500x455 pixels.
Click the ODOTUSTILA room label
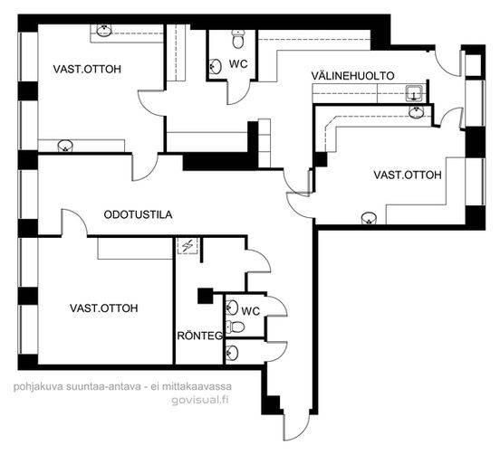pos(138,214)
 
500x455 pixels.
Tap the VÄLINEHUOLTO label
pos(352,76)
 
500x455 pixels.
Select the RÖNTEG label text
pos(200,336)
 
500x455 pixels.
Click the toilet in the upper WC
pos(238,39)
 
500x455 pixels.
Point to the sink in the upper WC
pos(216,67)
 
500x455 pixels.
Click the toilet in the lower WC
pos(236,327)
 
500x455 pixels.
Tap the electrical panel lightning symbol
pos(187,245)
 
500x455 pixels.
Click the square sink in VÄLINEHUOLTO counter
pos(414,93)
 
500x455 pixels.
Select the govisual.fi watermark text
pos(200,400)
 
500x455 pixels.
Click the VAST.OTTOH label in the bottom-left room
pos(104,308)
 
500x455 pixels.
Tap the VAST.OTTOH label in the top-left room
pos(87,69)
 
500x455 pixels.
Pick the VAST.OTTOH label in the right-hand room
pos(408,175)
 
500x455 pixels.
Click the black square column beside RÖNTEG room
pos(205,296)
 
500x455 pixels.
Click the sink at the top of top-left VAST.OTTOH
pos(104,31)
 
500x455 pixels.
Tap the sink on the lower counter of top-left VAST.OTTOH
pos(65,146)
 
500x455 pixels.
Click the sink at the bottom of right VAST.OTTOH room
pos(370,218)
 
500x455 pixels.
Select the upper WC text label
pos(238,64)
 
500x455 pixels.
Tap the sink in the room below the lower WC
pos(232,353)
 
